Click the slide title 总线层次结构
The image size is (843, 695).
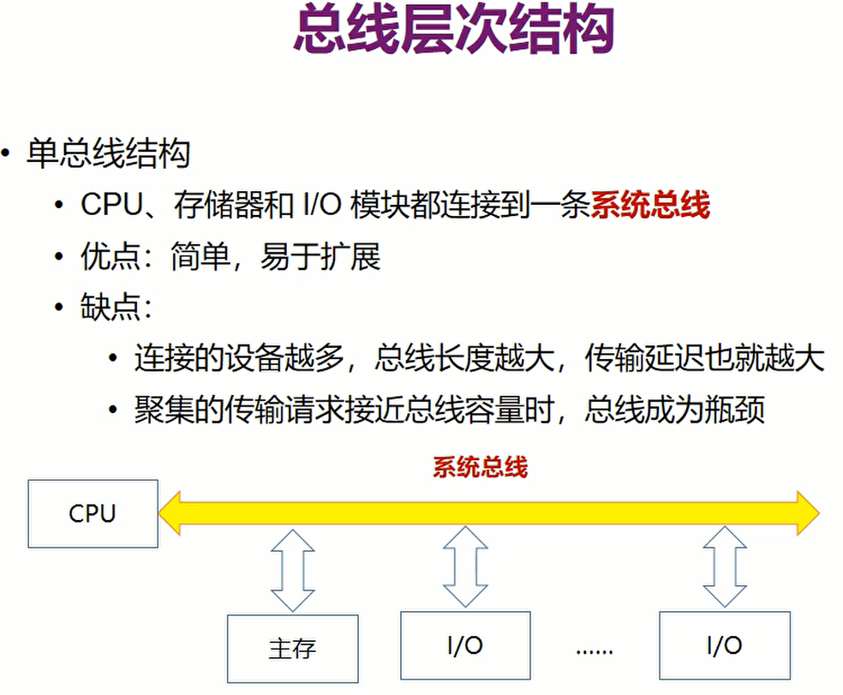[x=453, y=33]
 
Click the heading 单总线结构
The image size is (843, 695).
[x=108, y=154]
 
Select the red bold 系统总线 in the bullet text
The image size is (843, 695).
[x=650, y=206]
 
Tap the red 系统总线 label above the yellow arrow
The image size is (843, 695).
[x=480, y=468]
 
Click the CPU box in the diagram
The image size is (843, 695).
[x=93, y=513]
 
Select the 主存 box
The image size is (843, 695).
[x=292, y=648]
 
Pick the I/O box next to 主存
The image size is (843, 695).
[x=465, y=645]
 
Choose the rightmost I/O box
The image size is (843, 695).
[x=724, y=645]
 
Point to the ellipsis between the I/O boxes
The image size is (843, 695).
[x=595, y=649]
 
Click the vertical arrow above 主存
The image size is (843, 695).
[x=292, y=569]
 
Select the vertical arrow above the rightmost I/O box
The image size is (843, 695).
[x=724, y=566]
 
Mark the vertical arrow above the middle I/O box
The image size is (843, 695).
[x=465, y=566]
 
